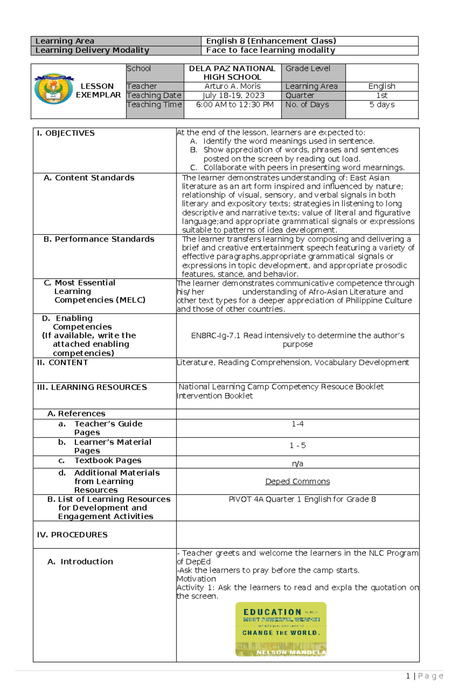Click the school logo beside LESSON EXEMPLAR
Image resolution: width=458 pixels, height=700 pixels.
[x=53, y=89]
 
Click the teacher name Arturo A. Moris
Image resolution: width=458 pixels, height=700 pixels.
[x=232, y=86]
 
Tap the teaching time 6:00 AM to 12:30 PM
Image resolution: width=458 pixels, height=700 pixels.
[x=234, y=105]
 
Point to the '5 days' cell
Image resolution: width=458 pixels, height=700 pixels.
[x=382, y=105]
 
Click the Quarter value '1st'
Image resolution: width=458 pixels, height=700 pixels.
[x=382, y=95]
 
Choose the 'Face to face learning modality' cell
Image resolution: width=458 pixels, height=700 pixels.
[x=270, y=50]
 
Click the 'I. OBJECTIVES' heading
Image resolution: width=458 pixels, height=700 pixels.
[x=66, y=133]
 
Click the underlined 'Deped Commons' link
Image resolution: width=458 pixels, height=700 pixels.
[x=297, y=481]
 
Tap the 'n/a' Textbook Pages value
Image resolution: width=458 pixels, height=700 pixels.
[x=297, y=464]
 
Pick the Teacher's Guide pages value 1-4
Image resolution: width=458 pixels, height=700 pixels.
[x=297, y=424]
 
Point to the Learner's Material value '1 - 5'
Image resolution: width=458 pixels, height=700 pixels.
[x=297, y=446]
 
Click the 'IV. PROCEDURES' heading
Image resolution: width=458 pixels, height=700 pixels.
[x=72, y=535]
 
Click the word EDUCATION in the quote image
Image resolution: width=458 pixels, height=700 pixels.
[x=272, y=612]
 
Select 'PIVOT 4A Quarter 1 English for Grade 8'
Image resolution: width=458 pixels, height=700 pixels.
[x=302, y=499]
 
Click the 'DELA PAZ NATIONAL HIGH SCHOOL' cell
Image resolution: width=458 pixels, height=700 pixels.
[x=232, y=73]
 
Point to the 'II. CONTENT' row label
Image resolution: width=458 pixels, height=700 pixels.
[x=62, y=363]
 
